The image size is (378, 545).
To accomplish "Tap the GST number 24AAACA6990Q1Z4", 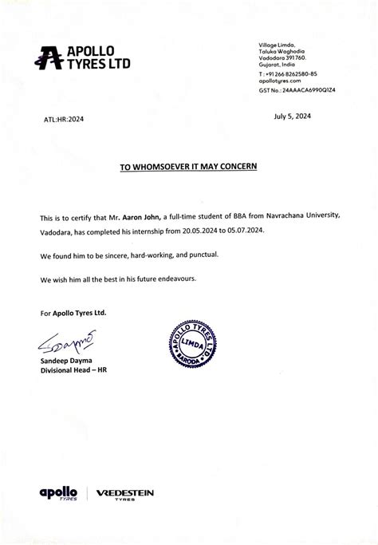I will pos(297,90).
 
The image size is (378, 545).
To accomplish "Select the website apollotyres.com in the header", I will pos(280,81).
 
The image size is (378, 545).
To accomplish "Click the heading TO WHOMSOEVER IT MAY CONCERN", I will pos(188,168).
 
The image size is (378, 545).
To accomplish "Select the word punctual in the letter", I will pos(198,255).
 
